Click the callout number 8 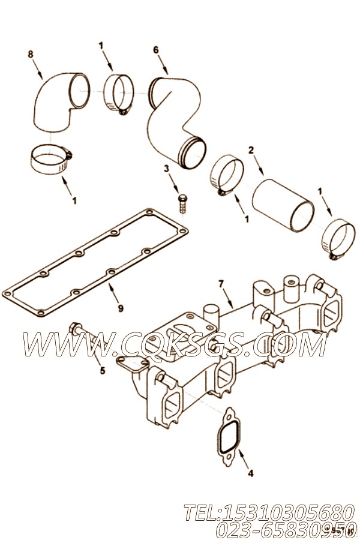coord(31,54)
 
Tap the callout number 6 coord(156,50)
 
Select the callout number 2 coord(251,150)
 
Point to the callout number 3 coord(166,169)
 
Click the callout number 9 coord(120,308)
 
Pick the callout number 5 coord(103,371)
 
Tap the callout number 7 coord(221,284)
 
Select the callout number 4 coord(250,473)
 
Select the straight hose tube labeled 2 coord(283,205)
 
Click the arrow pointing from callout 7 coord(227,299)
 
